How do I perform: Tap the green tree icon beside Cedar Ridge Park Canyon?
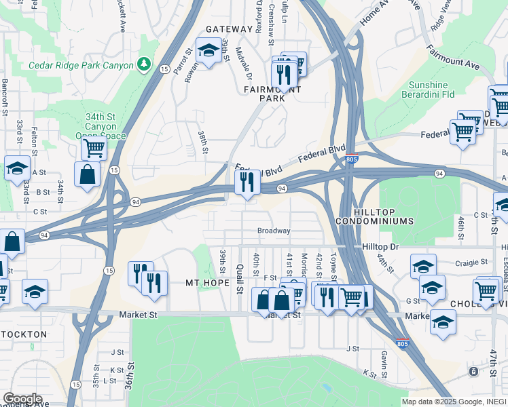(143, 64)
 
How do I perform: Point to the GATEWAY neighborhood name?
(228, 29)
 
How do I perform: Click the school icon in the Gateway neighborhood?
(208, 50)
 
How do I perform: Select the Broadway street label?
(274, 231)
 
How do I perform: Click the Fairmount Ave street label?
(453, 58)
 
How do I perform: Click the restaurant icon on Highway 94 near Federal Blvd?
(247, 182)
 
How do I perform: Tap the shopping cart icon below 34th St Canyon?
(93, 147)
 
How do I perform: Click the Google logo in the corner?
(22, 399)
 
